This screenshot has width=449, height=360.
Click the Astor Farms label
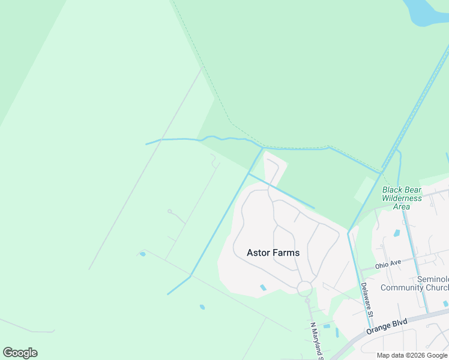click(273, 253)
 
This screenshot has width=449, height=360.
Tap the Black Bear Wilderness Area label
click(402, 198)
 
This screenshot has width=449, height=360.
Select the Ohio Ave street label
click(388, 264)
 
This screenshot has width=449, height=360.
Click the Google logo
click(20, 353)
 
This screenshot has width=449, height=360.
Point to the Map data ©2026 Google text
click(412, 355)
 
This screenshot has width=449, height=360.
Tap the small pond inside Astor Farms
click(263, 288)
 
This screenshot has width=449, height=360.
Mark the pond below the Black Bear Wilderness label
click(397, 233)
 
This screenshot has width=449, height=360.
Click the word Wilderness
click(402, 198)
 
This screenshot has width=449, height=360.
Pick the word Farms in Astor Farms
click(286, 253)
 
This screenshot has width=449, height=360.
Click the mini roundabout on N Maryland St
click(307, 299)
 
